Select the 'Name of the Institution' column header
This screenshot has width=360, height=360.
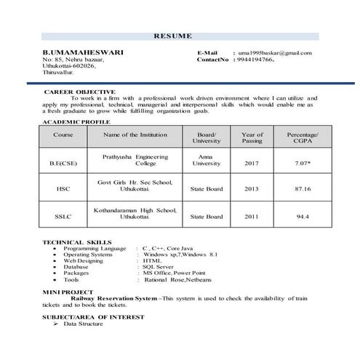click(x=135, y=135)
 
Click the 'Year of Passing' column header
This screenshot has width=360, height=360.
click(x=252, y=138)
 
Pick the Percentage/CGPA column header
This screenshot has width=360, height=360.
click(x=303, y=138)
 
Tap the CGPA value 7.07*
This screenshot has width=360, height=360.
click(x=303, y=164)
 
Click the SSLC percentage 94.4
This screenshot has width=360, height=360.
click(x=303, y=217)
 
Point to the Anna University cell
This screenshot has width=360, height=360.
click(x=206, y=160)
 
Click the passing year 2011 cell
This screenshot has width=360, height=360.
click(x=252, y=217)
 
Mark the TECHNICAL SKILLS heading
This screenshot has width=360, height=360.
click(x=77, y=241)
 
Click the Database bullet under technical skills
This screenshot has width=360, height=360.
click(x=76, y=267)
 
